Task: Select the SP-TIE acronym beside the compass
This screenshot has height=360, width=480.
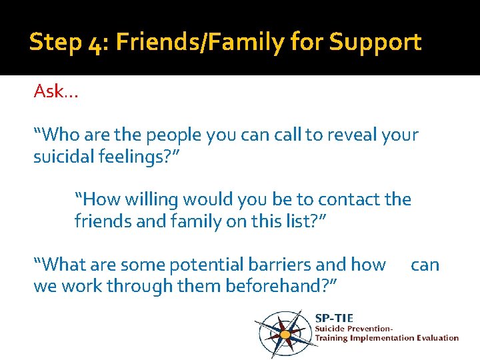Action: tap(334, 317)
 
